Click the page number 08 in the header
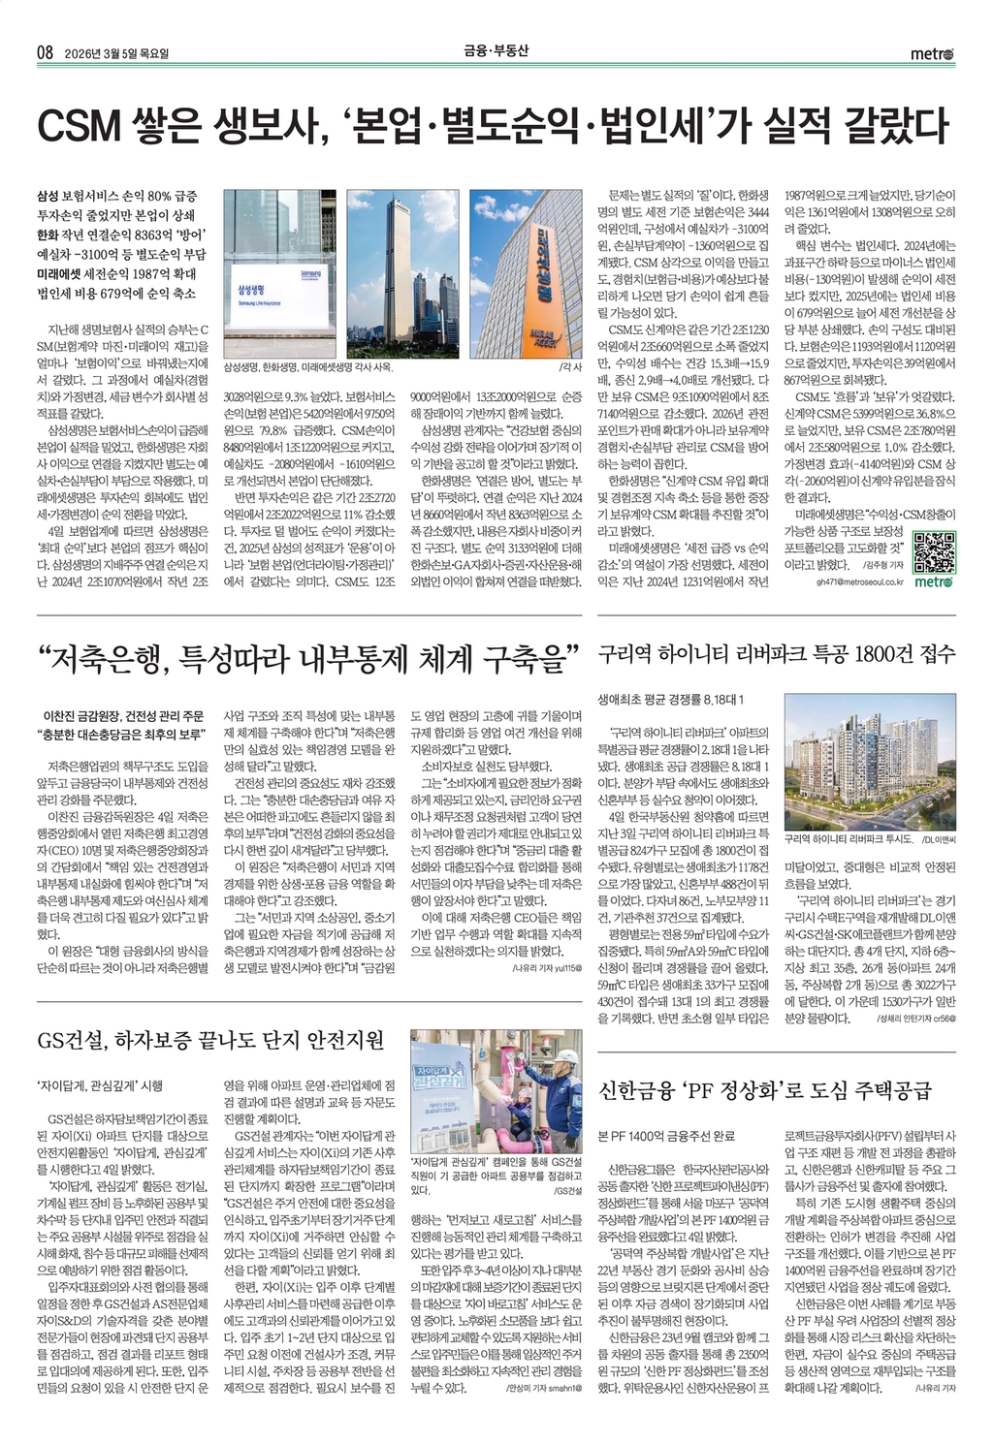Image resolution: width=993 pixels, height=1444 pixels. (45, 51)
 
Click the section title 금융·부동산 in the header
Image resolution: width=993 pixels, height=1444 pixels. (495, 50)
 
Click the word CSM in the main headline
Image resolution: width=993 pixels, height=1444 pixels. (79, 127)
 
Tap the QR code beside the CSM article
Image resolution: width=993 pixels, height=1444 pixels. (934, 552)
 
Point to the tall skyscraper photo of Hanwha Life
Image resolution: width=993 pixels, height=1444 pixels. (402, 274)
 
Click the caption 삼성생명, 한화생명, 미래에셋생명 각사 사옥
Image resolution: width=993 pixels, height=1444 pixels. (308, 368)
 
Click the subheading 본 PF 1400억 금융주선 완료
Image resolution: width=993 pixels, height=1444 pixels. (666, 1135)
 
